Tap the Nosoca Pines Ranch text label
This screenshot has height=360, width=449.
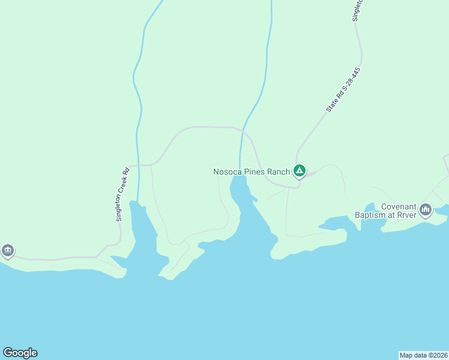(x=252, y=172)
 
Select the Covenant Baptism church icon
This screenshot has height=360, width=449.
(x=426, y=209)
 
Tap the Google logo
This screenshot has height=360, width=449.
(x=20, y=353)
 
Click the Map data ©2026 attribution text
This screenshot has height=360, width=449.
(x=424, y=355)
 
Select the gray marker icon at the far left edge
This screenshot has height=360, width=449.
(x=7, y=250)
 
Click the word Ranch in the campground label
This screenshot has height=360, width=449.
(x=279, y=172)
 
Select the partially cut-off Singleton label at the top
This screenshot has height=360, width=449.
(x=357, y=10)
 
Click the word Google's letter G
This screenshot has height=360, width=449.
(x=8, y=353)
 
